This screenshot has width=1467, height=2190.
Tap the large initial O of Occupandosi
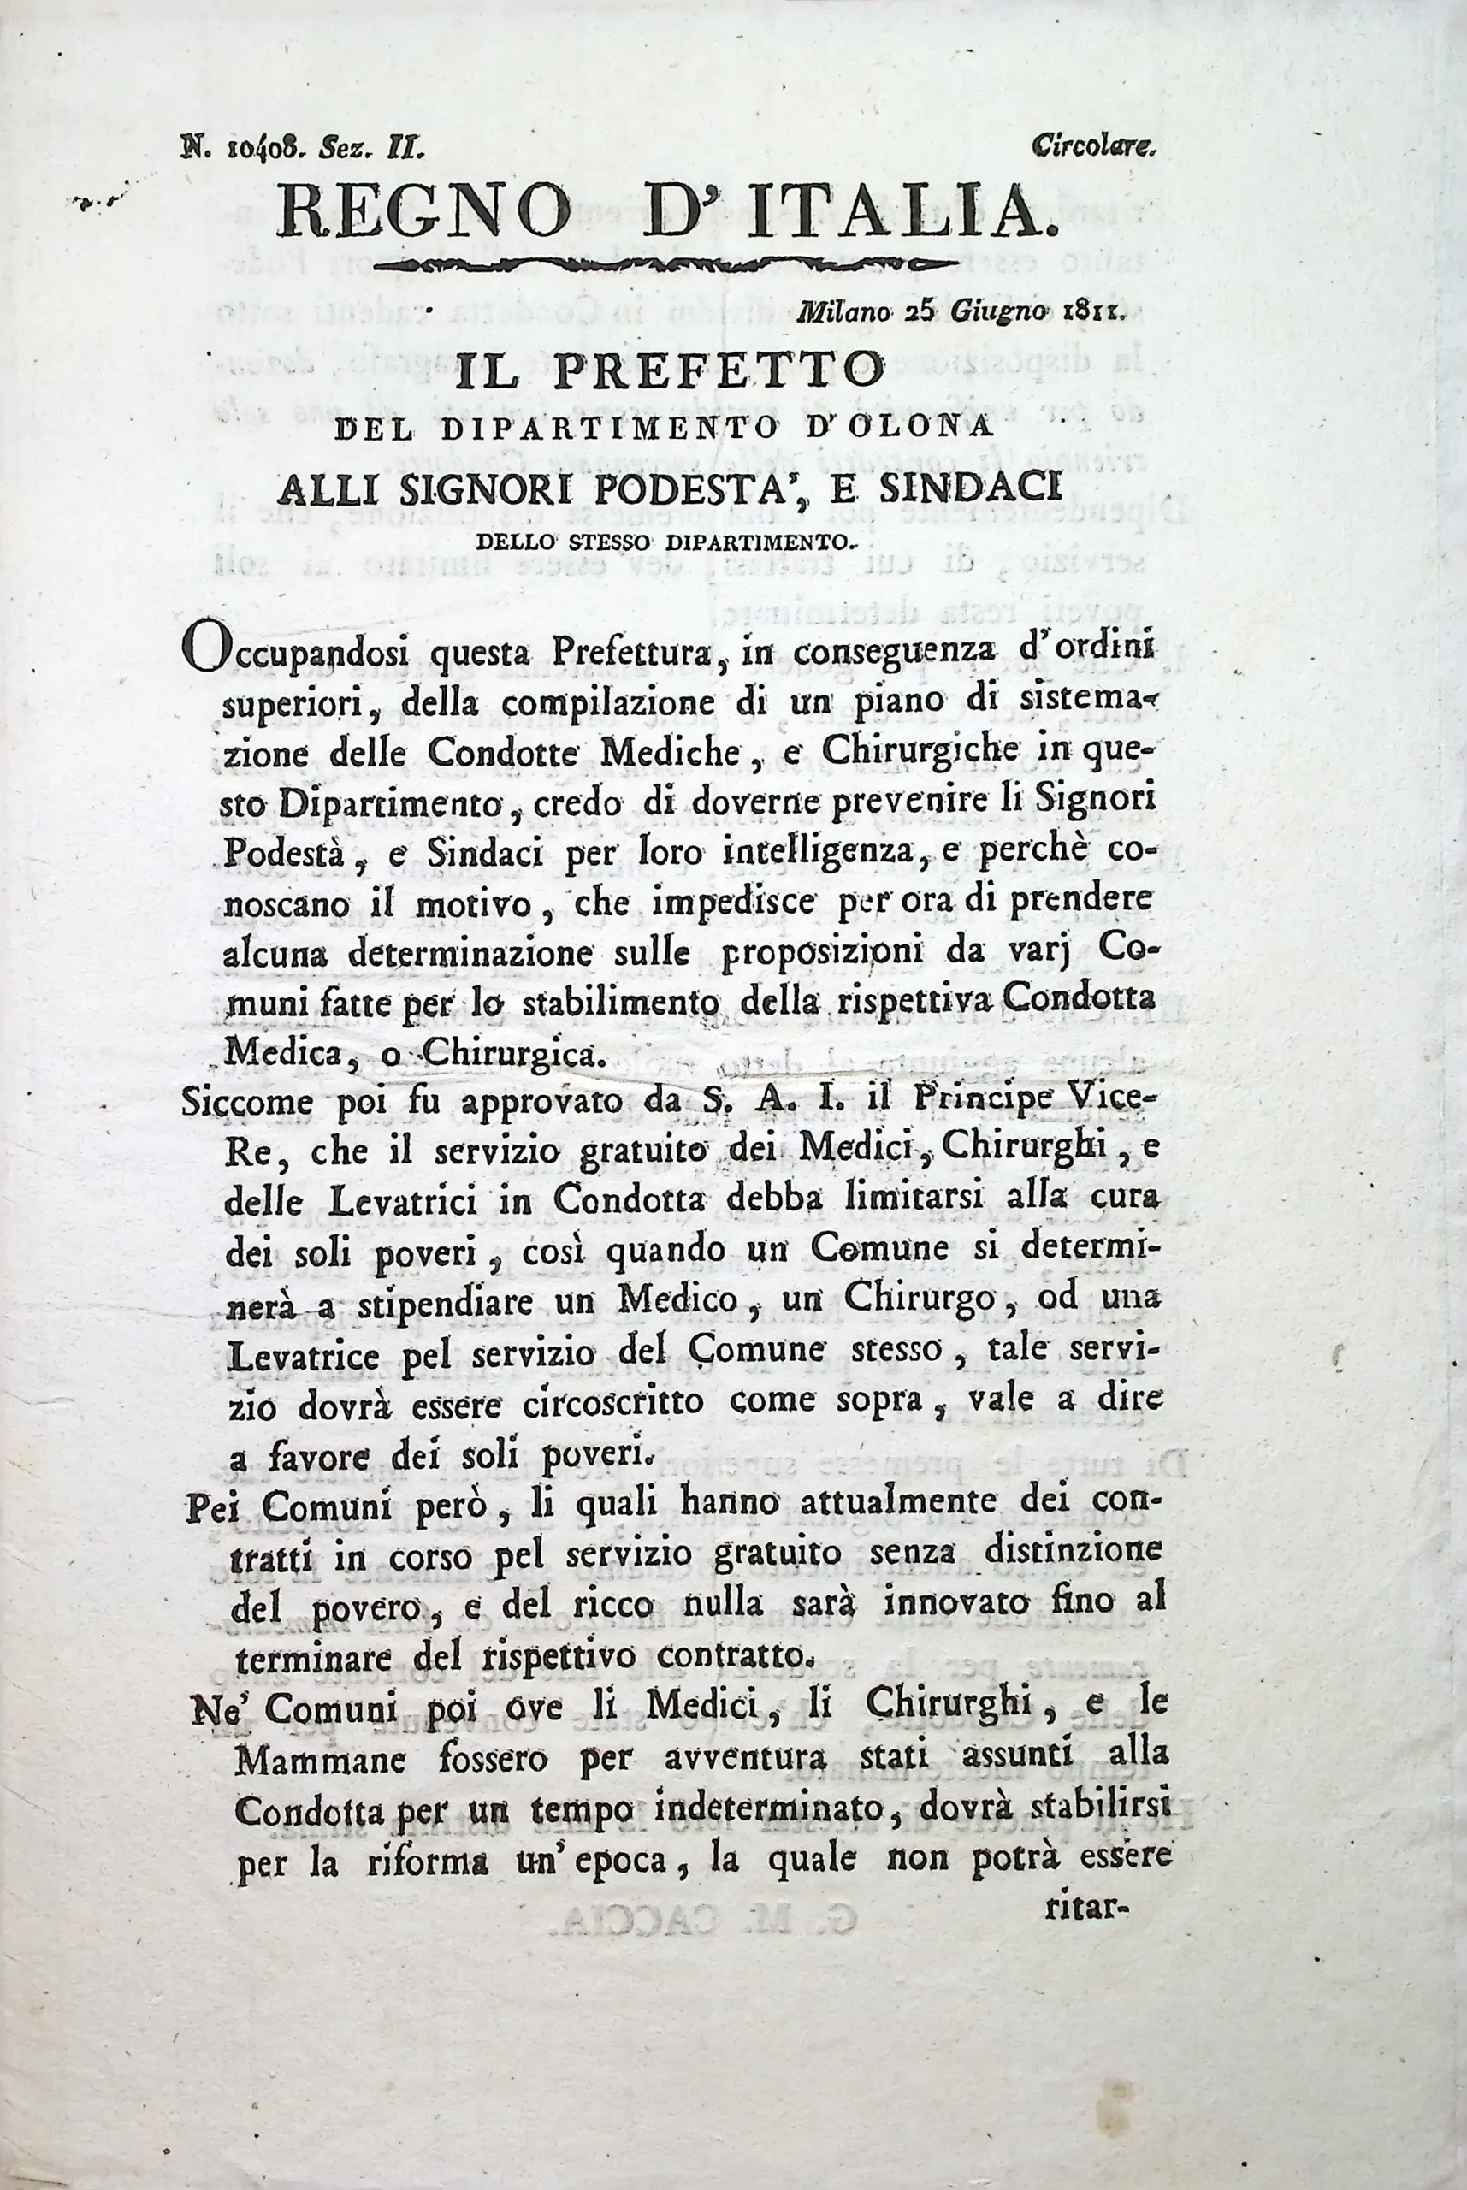[x=204, y=647]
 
